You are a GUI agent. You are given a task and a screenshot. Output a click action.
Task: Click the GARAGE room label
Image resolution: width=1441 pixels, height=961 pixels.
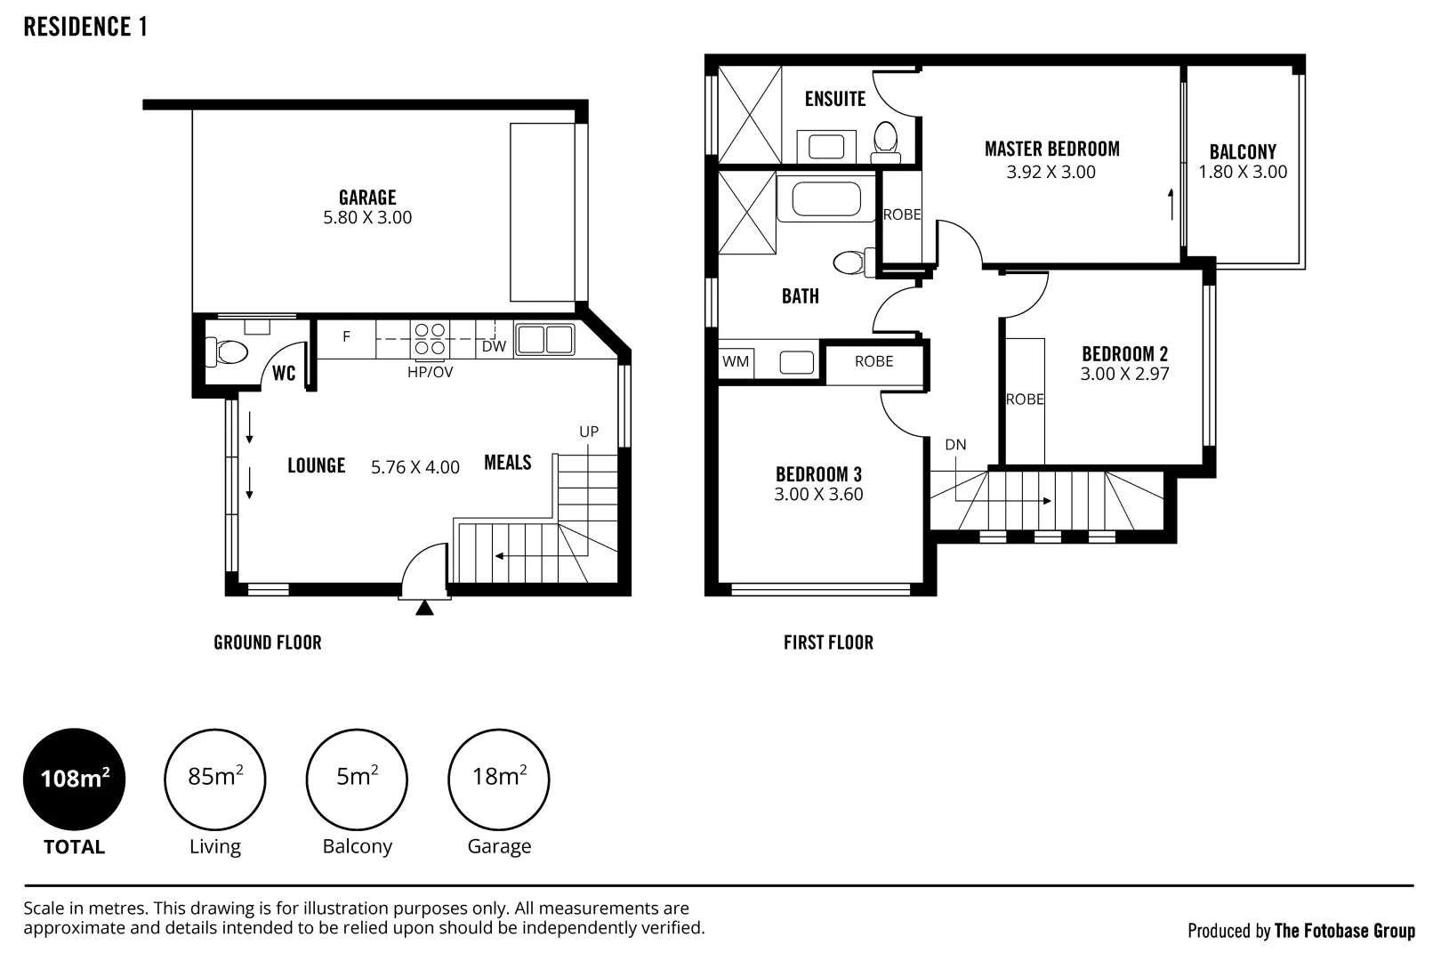(367, 197)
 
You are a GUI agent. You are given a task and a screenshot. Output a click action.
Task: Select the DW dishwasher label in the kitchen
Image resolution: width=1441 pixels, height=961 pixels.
(494, 346)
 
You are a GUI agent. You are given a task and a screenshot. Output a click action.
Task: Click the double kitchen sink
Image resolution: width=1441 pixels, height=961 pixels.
(545, 339)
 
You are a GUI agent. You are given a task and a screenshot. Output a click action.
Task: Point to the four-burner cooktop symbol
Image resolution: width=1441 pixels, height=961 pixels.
(430, 339)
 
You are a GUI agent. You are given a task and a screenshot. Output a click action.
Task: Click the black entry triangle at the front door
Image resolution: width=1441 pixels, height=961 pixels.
(424, 608)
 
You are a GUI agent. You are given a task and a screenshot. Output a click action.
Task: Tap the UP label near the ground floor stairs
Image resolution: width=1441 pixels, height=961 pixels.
(589, 432)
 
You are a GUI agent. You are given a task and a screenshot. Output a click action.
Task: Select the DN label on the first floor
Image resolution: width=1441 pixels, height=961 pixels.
(955, 444)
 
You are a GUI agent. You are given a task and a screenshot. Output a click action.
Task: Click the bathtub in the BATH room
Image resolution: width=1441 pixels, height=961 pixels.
(826, 198)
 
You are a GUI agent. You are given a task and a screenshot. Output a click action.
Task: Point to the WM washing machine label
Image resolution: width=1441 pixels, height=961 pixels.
(736, 361)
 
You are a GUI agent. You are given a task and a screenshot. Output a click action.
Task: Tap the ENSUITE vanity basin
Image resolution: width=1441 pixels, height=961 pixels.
(826, 147)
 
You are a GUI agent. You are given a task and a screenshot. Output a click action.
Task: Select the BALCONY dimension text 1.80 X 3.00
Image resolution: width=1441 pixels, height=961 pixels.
(1243, 172)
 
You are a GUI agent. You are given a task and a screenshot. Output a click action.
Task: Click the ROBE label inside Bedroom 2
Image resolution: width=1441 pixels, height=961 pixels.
(1025, 399)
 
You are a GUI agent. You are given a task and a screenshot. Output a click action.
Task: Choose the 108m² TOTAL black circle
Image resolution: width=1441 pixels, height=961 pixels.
(74, 779)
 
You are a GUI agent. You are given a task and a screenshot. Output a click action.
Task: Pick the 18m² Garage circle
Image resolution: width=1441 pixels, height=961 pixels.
(498, 779)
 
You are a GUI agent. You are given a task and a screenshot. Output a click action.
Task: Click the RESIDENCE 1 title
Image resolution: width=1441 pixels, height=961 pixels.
(85, 27)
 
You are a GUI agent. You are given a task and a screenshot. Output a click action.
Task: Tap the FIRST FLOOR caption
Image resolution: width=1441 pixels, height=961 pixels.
(829, 642)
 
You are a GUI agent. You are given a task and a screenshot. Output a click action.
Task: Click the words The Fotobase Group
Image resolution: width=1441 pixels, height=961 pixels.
(1345, 931)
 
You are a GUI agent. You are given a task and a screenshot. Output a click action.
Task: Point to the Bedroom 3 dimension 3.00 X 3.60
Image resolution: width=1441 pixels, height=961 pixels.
(818, 495)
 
